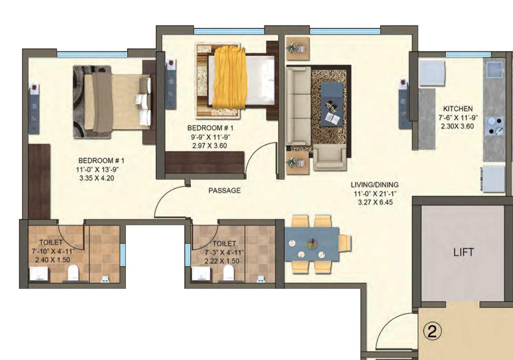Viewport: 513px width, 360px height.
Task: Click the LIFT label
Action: [x=464, y=252]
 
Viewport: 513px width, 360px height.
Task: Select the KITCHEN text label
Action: [x=458, y=108]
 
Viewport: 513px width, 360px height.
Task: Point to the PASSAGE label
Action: [x=225, y=191]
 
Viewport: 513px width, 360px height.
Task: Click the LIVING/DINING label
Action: [x=375, y=185]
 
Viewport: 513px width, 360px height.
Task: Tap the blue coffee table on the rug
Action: [x=332, y=104]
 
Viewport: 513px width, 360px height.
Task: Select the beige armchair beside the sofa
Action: [x=330, y=158]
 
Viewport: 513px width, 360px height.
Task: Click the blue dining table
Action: [x=312, y=244]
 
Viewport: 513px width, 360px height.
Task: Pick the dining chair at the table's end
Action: [x=345, y=243]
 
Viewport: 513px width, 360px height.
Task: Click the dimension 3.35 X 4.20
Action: [x=97, y=178]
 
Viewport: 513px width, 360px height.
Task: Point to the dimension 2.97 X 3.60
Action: [x=210, y=146]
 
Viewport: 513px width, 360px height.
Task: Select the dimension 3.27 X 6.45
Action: [x=376, y=202]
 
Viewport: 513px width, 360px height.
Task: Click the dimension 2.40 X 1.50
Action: [x=53, y=260]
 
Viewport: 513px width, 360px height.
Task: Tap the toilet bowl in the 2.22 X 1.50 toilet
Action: [x=228, y=272]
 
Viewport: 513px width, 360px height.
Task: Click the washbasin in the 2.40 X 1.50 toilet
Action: [x=39, y=273]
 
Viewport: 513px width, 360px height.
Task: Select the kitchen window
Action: [x=468, y=55]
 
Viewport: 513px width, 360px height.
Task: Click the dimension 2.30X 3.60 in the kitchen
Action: [x=457, y=126]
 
